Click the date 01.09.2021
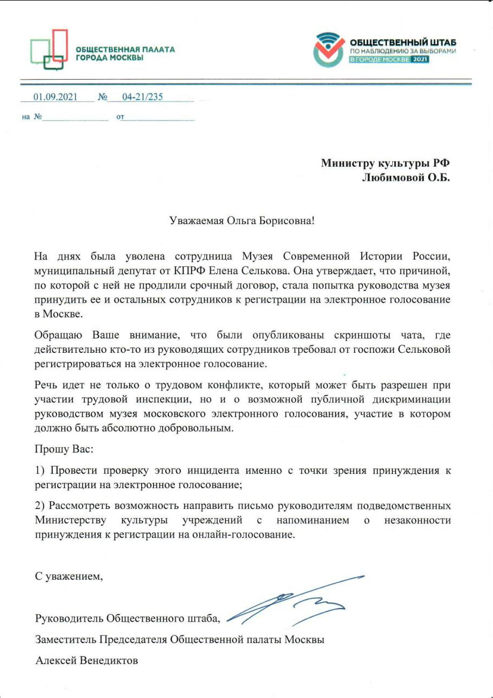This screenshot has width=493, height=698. (56, 98)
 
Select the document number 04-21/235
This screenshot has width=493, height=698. (142, 98)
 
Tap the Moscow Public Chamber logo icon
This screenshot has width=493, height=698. (49, 49)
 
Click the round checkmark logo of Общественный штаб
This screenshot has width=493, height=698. (329, 49)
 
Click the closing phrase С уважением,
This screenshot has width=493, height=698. (69, 577)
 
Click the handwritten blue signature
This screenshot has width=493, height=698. (294, 600)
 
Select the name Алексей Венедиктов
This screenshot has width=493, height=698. (87, 661)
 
